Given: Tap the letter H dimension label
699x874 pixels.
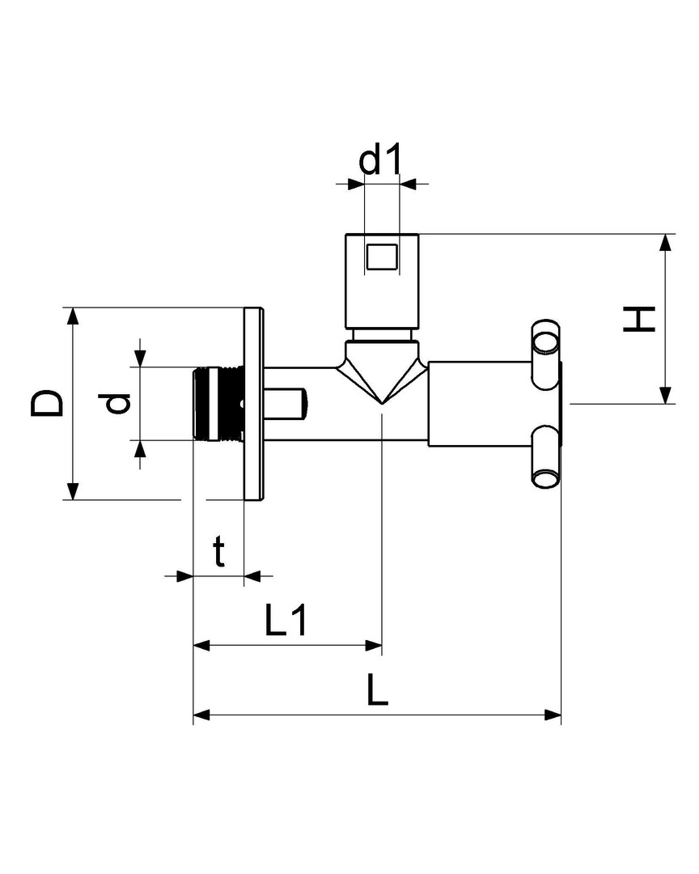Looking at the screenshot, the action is (639, 319).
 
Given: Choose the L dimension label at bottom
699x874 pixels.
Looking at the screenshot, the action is (377, 689).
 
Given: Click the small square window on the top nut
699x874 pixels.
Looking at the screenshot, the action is (382, 256).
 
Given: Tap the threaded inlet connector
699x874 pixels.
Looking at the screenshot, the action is (218, 404).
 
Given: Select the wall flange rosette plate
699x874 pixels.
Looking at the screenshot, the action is (253, 404).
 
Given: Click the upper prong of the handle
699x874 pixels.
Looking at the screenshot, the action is (546, 354).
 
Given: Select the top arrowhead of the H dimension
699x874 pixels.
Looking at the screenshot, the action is (665, 243).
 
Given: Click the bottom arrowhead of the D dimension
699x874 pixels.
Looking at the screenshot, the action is (72, 491).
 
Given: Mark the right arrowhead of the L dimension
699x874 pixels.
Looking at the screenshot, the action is (553, 715).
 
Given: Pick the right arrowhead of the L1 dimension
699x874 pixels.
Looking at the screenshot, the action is (374, 646).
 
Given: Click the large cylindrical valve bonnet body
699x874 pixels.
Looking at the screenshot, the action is (480, 404).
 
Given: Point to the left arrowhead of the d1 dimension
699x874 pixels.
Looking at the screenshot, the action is (355, 184).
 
